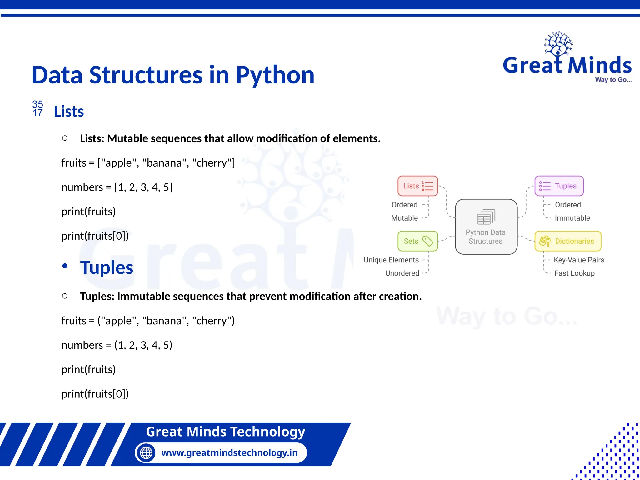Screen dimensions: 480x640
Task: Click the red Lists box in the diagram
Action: coord(417,186)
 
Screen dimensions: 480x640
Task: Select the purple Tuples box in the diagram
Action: coord(559,186)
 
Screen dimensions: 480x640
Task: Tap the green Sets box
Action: coord(417,241)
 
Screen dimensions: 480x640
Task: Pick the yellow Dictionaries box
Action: coord(568,241)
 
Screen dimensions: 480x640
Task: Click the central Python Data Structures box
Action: coord(486,227)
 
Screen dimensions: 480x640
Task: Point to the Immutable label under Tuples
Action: coord(572,218)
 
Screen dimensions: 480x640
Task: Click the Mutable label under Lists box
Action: coord(404,218)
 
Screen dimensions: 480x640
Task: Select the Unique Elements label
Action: coord(391,260)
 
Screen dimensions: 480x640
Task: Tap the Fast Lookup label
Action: coord(574,273)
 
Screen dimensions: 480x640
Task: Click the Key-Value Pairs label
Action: coord(579,260)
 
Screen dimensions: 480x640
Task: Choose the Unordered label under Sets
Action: coord(402,273)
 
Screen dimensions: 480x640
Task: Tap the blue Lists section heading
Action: coord(69,112)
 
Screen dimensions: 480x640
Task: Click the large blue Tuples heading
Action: coord(107,268)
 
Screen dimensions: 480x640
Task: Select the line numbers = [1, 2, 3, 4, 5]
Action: coord(117,187)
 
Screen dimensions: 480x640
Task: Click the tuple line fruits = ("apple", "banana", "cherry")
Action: coord(148,321)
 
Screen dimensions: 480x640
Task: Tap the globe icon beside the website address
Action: coord(146,453)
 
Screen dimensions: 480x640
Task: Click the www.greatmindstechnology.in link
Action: coord(229,453)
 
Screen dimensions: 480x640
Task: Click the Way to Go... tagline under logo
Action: coord(613,80)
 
